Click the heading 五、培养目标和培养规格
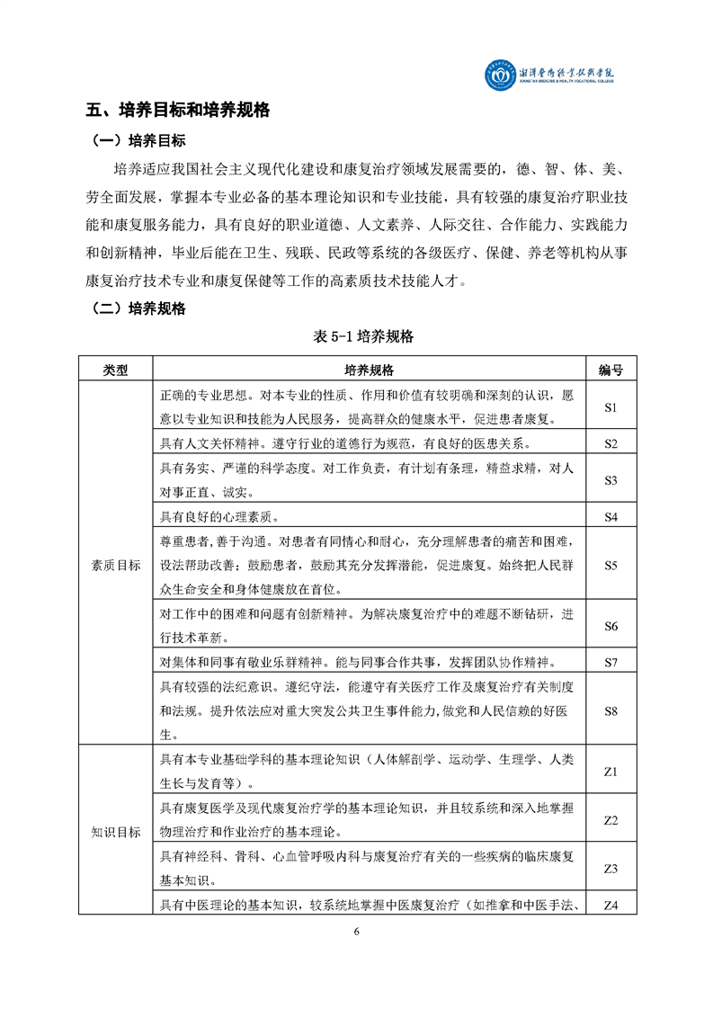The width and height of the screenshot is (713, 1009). tap(177, 111)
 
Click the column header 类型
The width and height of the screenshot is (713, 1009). tap(115, 370)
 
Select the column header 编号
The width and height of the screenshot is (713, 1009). tap(611, 370)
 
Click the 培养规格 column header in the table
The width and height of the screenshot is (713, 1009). tap(369, 370)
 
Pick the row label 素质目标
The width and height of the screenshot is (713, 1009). tap(115, 566)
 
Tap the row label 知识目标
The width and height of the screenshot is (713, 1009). tap(115, 832)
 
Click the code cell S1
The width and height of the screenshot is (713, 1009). tap(611, 406)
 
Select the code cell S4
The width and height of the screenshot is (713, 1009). tap(611, 517)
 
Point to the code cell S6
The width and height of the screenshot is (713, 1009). tap(611, 626)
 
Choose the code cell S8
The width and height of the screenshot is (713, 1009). tap(611, 710)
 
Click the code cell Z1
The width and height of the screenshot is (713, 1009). tap(611, 772)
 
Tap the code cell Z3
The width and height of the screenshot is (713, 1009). tap(611, 869)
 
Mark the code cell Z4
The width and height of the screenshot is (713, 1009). tap(611, 905)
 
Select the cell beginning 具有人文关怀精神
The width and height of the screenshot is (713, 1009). tap(345, 443)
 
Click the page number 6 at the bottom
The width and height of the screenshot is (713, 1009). tap(357, 931)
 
